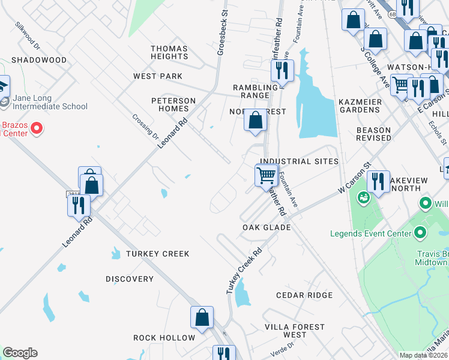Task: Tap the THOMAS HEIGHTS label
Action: [x=169, y=52]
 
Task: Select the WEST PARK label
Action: [x=158, y=76]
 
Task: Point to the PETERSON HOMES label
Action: [x=173, y=104]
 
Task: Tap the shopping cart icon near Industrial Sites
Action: [x=266, y=176]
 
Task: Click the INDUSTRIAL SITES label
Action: [x=299, y=161]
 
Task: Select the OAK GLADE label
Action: [x=267, y=227]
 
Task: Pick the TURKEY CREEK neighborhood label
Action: [x=157, y=254]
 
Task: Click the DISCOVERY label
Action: [x=130, y=279]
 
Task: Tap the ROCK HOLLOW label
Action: [x=164, y=338]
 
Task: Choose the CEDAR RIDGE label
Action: [x=304, y=295]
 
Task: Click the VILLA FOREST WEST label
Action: [x=295, y=331]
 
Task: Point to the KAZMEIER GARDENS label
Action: [x=360, y=106]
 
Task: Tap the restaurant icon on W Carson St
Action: [x=378, y=181]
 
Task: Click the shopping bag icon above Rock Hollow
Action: [x=202, y=317]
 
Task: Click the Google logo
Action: [x=20, y=353]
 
